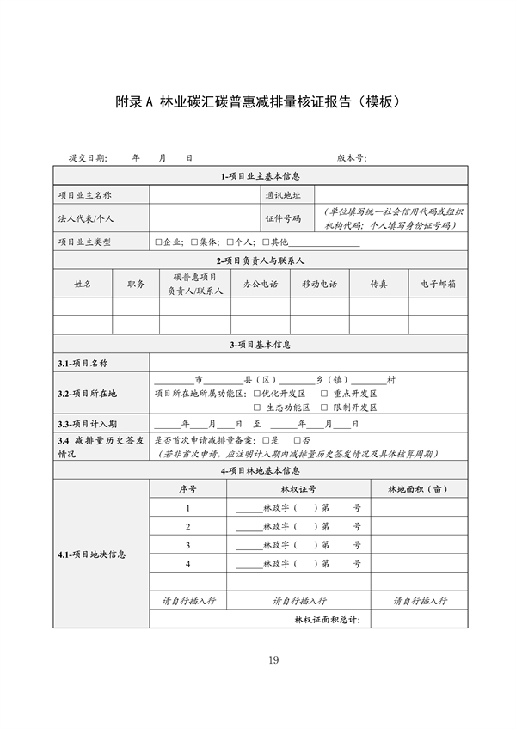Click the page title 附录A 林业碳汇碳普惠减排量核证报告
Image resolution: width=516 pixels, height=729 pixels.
[258, 102]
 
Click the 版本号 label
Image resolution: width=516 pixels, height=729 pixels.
[352, 158]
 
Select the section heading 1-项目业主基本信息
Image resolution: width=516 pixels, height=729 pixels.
[259, 176]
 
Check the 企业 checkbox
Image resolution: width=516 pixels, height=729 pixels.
[158, 242]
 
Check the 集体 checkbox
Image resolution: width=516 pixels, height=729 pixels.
[194, 242]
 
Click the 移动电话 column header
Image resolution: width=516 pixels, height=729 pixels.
[319, 284]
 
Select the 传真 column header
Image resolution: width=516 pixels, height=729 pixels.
[378, 284]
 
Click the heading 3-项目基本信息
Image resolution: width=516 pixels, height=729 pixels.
[259, 345]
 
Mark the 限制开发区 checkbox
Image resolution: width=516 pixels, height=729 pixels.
[324, 407]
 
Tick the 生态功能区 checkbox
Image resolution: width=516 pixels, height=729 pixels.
[257, 407]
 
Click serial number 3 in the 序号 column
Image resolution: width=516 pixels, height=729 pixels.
[187, 545]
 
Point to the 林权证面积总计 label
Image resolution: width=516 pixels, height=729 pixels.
[327, 619]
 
